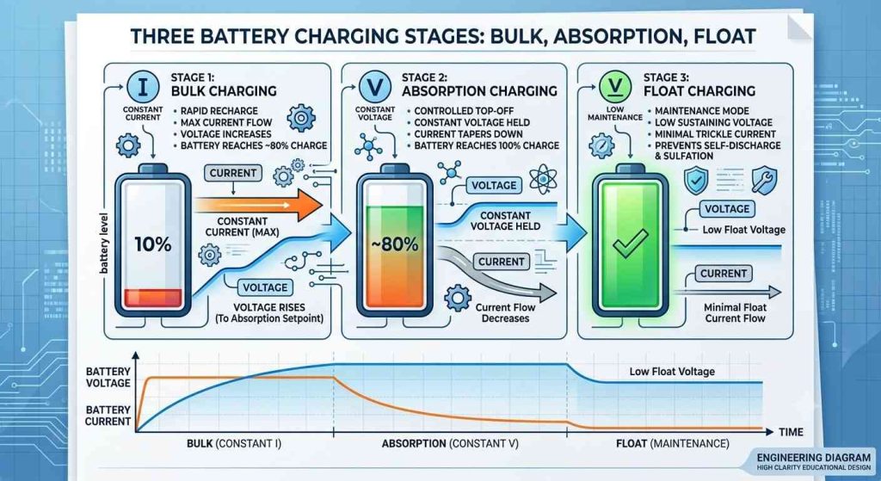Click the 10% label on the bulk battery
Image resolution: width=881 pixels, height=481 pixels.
tap(153, 244)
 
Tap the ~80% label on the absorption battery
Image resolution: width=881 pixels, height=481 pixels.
tap(394, 244)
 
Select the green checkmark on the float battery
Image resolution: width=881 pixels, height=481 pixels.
tap(630, 244)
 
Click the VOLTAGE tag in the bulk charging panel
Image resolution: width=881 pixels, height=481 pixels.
tap(265, 287)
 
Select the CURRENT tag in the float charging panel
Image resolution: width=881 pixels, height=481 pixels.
tap(723, 274)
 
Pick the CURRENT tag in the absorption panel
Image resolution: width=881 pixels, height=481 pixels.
tap(502, 262)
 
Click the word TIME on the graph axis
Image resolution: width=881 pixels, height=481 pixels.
tap(791, 432)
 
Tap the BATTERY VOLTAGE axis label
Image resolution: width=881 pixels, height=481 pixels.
tap(108, 377)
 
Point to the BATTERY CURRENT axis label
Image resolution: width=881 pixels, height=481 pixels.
tap(108, 416)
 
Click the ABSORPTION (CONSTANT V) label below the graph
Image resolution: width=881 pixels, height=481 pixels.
tap(450, 444)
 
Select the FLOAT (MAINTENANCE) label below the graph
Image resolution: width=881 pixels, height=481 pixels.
tap(673, 444)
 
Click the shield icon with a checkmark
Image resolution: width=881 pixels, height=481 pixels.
tap(695, 181)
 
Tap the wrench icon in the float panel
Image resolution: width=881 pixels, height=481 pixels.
tap(765, 181)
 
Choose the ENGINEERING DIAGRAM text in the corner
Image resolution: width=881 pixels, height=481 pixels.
tap(814, 458)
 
